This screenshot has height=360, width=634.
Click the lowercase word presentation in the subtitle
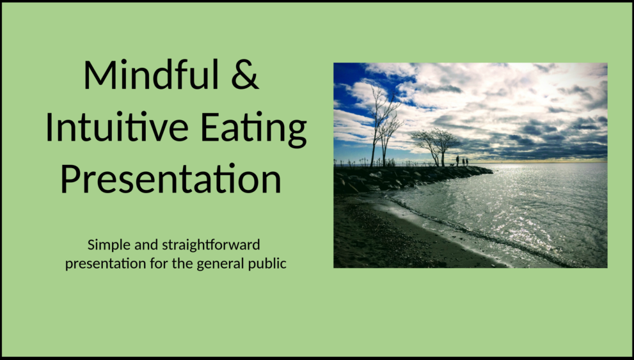click(x=103, y=263)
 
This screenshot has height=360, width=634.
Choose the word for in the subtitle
click(x=157, y=263)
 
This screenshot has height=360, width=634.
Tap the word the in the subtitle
click(x=182, y=263)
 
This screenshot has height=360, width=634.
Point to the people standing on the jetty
click(x=461, y=160)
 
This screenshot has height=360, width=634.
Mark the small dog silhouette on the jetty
click(x=452, y=165)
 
